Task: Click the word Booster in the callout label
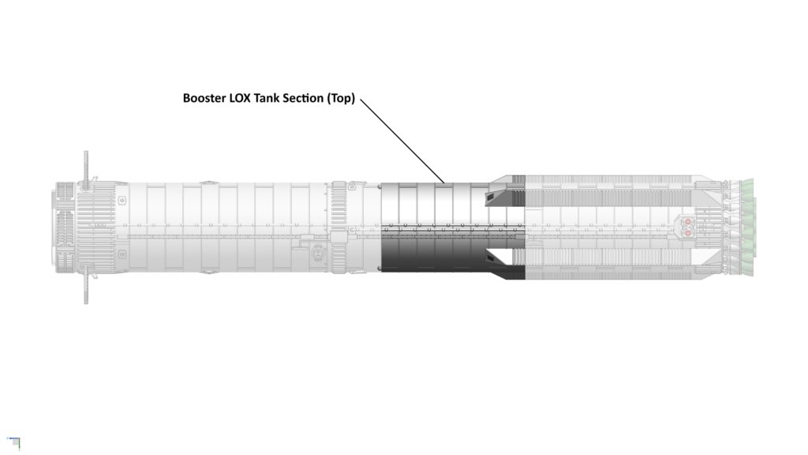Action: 204,98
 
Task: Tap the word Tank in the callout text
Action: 266,98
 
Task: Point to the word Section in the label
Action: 302,98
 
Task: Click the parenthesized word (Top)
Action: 341,98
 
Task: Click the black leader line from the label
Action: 402,141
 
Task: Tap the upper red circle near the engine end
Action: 687,222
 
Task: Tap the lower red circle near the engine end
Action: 687,233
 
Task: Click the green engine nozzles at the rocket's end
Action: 747,227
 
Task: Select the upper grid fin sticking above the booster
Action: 86,167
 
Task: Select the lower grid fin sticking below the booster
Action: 86,286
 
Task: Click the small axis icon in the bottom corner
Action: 14,442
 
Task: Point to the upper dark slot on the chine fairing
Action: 497,197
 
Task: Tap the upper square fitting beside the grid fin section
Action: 122,200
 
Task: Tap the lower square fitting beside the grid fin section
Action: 122,254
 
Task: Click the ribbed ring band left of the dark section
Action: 339,227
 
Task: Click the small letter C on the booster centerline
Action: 353,229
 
